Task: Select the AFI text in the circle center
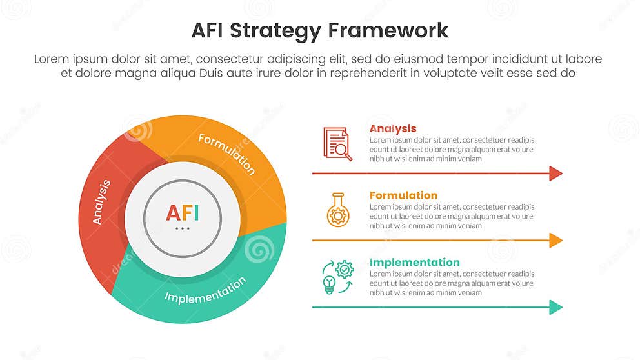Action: tap(183, 213)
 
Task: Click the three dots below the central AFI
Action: tap(183, 228)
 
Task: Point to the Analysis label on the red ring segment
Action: tap(101, 202)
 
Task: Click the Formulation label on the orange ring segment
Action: tap(226, 154)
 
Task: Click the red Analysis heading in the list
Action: tap(393, 128)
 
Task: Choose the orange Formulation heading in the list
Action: tap(403, 195)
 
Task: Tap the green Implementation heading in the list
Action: tap(414, 263)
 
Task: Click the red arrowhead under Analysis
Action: tap(555, 173)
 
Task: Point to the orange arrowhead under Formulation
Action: tap(555, 240)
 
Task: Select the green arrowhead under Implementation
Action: tap(555, 307)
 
